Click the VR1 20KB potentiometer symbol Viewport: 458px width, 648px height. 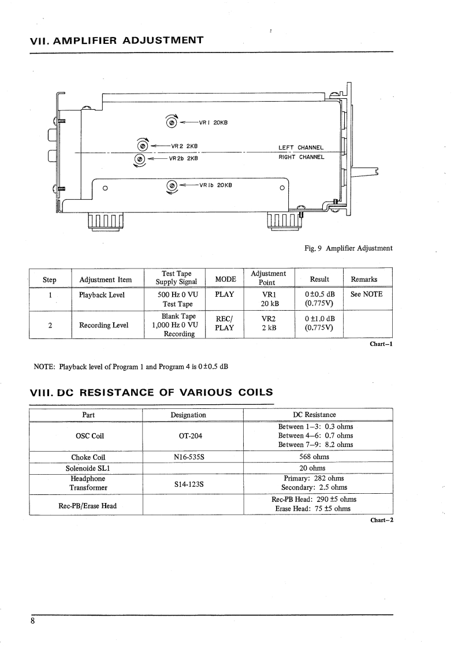[172, 122]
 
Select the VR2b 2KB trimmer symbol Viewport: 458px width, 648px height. [139, 158]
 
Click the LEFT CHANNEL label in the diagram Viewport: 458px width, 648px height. [301, 147]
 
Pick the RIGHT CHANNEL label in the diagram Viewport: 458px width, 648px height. [301, 157]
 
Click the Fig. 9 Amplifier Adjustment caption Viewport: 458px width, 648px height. [348, 248]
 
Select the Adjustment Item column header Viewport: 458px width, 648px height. [105, 280]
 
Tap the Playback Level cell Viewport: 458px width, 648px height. [102, 294]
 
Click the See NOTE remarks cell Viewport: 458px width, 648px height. [367, 294]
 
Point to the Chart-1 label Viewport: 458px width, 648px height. [381, 345]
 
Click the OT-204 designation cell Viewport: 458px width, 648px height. [188, 435]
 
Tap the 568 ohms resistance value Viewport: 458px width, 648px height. [318, 457]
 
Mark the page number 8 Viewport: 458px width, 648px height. [33, 621]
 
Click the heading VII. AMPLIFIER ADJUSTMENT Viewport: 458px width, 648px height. [116, 40]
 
